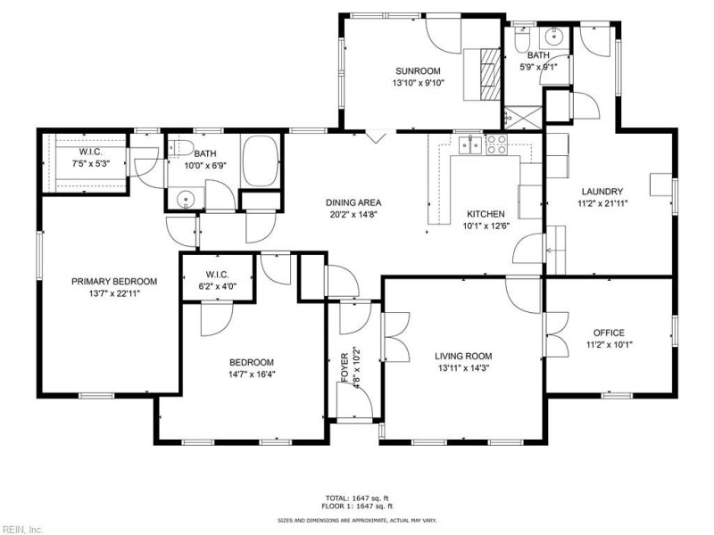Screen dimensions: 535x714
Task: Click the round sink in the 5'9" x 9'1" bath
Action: [x=553, y=37]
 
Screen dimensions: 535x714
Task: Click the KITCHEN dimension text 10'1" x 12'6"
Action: [x=486, y=226]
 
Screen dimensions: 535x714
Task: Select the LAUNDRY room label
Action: [x=602, y=191]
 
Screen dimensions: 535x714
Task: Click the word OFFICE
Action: [x=605, y=333]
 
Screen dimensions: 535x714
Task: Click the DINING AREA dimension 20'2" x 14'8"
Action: [x=353, y=214]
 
